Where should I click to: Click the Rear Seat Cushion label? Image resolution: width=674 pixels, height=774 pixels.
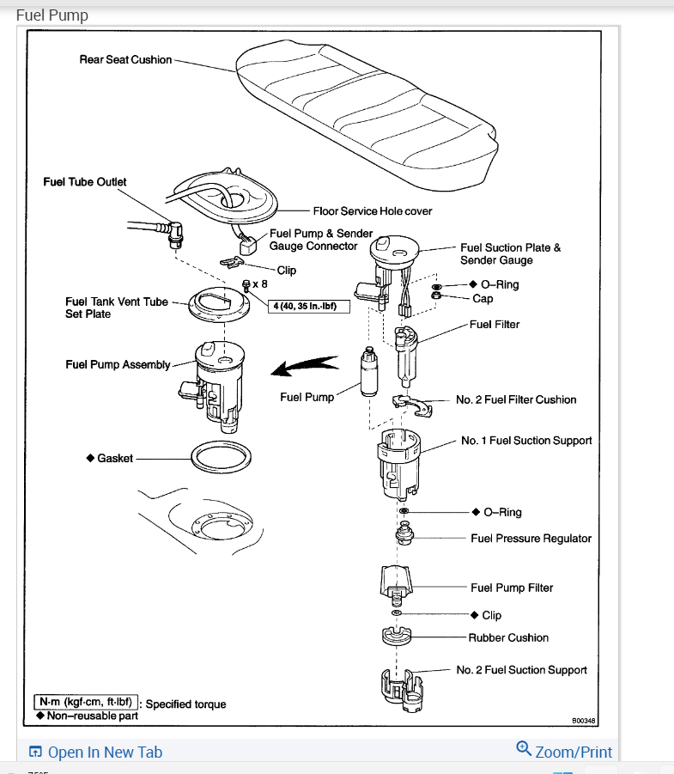tap(125, 60)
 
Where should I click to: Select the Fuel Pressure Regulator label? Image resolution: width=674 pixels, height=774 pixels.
tap(531, 539)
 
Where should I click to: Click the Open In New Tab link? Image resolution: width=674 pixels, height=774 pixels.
tap(105, 753)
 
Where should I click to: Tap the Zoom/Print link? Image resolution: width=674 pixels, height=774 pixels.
tap(574, 753)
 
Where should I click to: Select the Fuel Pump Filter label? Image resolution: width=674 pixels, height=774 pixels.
tap(512, 588)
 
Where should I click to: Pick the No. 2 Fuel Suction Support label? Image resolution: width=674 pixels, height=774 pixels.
tap(521, 670)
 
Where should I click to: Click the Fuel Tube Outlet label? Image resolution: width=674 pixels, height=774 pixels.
tap(85, 182)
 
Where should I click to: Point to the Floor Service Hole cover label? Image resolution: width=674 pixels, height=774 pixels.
tap(372, 210)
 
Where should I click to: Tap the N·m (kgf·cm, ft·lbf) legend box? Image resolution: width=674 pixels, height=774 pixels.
tap(85, 702)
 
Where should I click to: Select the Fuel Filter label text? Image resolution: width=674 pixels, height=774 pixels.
tap(495, 325)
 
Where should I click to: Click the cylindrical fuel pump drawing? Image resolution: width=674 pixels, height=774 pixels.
tap(370, 371)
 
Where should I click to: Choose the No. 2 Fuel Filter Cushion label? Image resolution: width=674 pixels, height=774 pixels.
tap(516, 399)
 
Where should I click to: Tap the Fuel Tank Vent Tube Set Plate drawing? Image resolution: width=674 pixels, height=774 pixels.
tap(222, 303)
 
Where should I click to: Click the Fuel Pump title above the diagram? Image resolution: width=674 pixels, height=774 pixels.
tap(52, 15)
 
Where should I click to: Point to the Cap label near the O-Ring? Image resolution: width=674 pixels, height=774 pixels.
tap(483, 299)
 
